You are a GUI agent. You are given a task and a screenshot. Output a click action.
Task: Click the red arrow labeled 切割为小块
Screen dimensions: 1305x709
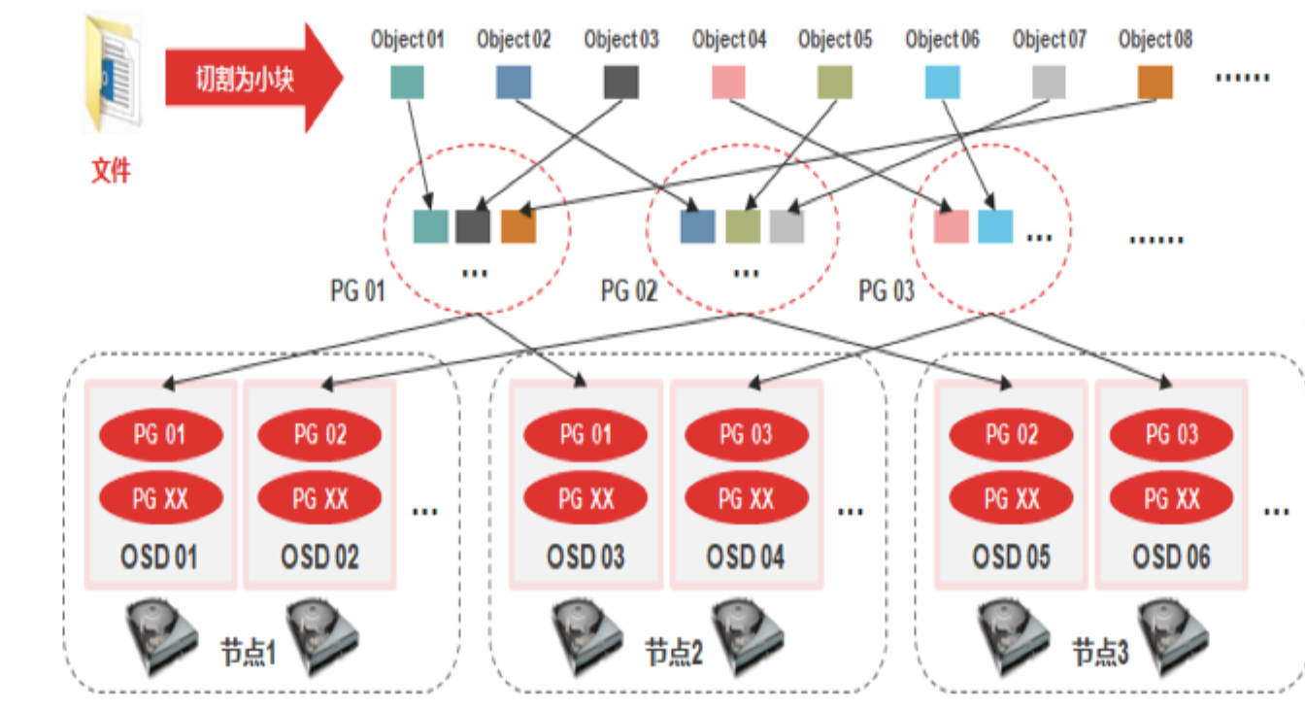pyautogui.click(x=254, y=78)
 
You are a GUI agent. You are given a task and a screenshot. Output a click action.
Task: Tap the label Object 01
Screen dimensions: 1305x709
pyautogui.click(x=407, y=40)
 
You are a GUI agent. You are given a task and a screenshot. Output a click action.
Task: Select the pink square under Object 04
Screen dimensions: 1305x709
pyautogui.click(x=728, y=83)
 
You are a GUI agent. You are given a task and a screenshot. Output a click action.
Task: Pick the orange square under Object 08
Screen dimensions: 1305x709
pyautogui.click(x=1154, y=83)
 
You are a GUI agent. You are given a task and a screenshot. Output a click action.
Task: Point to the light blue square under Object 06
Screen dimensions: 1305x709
pyautogui.click(x=942, y=83)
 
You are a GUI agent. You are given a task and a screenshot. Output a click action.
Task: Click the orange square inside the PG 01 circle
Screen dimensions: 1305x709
pyautogui.click(x=518, y=226)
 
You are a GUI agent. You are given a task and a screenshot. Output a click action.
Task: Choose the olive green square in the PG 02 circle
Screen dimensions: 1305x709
pyautogui.click(x=743, y=226)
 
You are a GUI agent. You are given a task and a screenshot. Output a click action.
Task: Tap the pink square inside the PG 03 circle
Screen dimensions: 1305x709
pyautogui.click(x=951, y=226)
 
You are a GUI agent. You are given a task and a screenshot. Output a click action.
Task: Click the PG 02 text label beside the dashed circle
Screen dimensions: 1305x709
pyautogui.click(x=629, y=290)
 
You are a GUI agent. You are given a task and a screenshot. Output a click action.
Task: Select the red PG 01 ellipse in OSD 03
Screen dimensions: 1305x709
pyautogui.click(x=586, y=434)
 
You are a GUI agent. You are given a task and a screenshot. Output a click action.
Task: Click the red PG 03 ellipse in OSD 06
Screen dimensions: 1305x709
pyautogui.click(x=1172, y=434)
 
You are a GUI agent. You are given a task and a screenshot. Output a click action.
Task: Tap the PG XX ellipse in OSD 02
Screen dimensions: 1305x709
pyautogui.click(x=319, y=498)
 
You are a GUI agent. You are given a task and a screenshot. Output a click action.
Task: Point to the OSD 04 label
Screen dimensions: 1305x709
pyautogui.click(x=746, y=557)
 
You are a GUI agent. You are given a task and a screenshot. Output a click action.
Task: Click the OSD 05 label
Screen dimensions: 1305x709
pyautogui.click(x=1012, y=557)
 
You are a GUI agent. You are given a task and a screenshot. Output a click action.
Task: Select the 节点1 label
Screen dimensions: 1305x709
pyautogui.click(x=248, y=652)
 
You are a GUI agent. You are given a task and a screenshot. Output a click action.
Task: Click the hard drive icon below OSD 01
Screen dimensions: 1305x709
pyautogui.click(x=162, y=638)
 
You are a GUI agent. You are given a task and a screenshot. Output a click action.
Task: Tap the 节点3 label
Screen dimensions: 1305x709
pyautogui.click(x=1100, y=652)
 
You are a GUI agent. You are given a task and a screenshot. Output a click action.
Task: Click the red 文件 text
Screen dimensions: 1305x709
pyautogui.click(x=111, y=171)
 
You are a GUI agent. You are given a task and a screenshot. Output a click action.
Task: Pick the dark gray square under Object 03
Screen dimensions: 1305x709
pyautogui.click(x=621, y=83)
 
